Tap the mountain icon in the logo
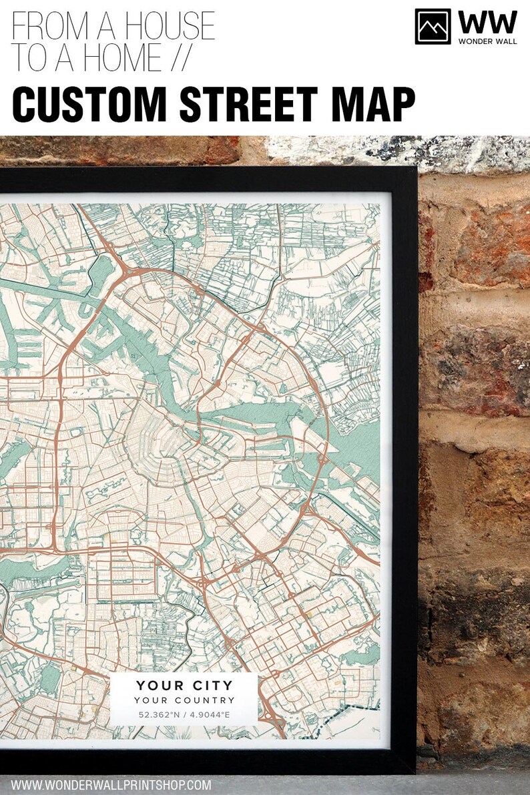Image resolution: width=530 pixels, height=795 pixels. tap(433, 27)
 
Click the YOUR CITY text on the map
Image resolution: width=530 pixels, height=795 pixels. tap(184, 686)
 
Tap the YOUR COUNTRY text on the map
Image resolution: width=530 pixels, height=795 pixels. tap(184, 700)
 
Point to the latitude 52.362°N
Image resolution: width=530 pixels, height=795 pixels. tap(158, 715)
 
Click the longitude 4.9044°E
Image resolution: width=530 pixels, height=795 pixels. tap(210, 715)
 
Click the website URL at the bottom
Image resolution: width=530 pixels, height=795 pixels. tap(111, 785)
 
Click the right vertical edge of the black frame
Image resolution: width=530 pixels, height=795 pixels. tap(405, 467)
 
